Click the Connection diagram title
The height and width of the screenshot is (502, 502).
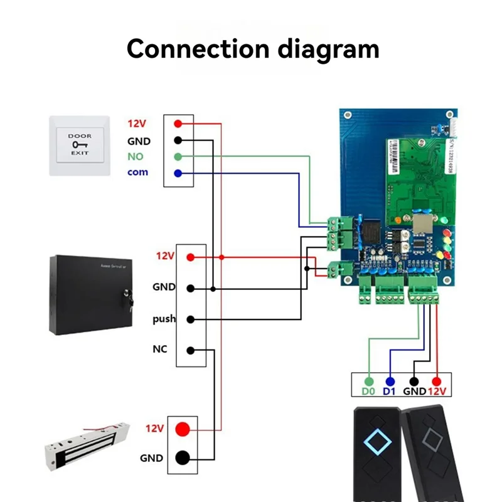pos(253,48)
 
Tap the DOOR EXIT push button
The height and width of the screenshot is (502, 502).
pos(79,145)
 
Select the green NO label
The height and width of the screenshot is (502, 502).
pos(136,156)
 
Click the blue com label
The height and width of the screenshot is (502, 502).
pos(137,172)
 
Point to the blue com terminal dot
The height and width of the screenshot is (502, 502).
pos(178,173)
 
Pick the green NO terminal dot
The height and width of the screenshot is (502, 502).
pos(178,156)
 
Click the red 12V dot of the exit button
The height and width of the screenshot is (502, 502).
pos(178,124)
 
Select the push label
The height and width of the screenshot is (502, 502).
pos(164,319)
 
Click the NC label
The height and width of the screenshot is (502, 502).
pos(160,349)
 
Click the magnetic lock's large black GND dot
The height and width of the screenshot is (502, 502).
pos(182,457)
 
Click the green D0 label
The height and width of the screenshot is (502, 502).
pos(369,392)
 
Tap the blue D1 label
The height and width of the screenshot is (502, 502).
pos(390,392)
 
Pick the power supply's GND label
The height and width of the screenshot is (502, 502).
pos(164,287)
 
